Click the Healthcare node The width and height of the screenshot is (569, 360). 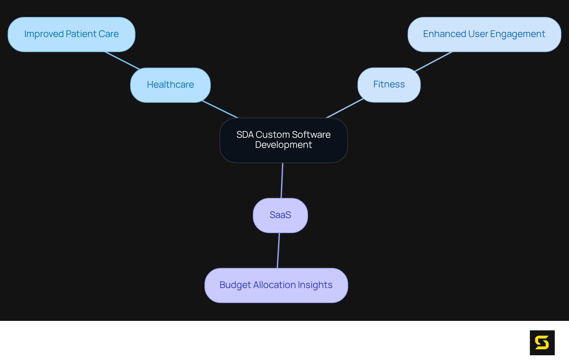[x=170, y=85]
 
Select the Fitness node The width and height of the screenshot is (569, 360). [x=389, y=85]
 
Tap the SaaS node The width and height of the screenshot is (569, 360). [x=280, y=215]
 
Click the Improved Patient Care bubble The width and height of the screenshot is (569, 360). [x=71, y=34]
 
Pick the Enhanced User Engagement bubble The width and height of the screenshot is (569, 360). [x=484, y=34]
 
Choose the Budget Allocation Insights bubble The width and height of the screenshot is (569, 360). [x=276, y=285]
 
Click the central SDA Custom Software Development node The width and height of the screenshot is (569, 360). [x=283, y=140]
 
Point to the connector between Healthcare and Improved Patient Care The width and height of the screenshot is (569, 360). [x=122, y=60]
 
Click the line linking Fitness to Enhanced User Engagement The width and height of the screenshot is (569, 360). [x=433, y=62]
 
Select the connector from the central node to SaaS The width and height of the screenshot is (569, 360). [x=282, y=180]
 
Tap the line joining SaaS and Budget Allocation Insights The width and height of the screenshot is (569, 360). [x=278, y=250]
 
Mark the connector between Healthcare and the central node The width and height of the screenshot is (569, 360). [x=220, y=109]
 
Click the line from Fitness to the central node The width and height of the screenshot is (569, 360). [x=345, y=108]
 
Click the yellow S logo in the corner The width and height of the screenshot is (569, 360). [x=542, y=343]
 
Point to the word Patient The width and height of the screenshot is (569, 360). [x=81, y=34]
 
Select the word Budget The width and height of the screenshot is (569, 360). [x=235, y=285]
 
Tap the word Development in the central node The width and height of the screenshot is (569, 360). [x=283, y=145]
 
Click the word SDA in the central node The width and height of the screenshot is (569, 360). [x=245, y=135]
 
